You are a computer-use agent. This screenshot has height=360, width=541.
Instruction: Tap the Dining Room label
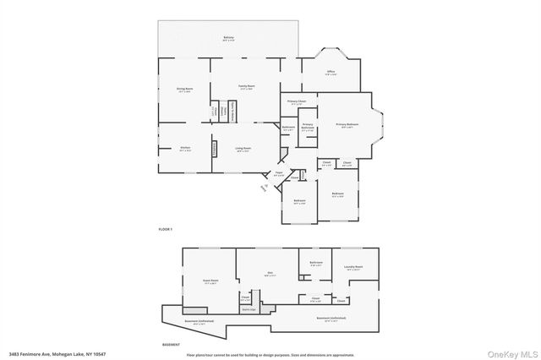pos(184,89)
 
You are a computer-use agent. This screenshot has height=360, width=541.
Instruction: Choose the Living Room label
pos(243,149)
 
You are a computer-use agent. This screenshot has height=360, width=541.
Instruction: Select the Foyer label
pos(278,173)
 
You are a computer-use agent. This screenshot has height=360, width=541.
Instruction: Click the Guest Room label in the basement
pos(210,281)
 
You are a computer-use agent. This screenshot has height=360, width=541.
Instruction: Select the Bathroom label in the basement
pos(316,264)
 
